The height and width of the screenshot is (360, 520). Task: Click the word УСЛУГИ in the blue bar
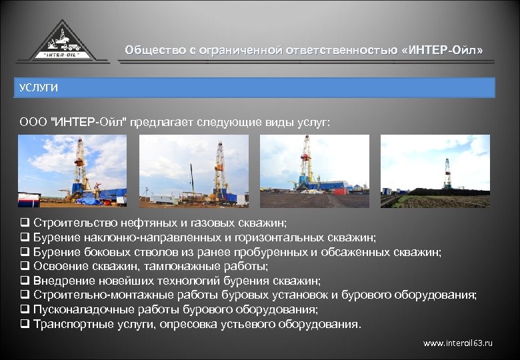(x=39, y=88)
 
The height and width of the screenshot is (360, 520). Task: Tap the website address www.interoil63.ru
(x=458, y=343)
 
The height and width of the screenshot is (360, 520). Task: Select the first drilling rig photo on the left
(x=72, y=171)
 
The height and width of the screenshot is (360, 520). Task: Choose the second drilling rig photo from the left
(x=193, y=171)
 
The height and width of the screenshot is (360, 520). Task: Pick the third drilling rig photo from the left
(x=314, y=171)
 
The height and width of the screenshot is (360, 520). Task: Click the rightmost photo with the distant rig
(x=435, y=171)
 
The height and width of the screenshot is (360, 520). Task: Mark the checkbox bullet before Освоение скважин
(x=24, y=266)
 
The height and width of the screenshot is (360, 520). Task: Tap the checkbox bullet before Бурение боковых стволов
(x=24, y=252)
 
